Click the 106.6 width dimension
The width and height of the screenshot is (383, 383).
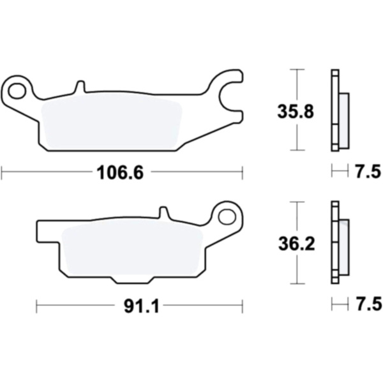point(120,173)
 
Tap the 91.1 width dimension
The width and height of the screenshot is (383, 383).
point(142,306)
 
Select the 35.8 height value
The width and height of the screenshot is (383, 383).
point(296,112)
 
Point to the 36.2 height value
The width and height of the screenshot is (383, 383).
point(297,244)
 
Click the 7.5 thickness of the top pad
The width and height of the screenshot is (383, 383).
point(368,172)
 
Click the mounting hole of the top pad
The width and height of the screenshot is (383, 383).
point(17,91)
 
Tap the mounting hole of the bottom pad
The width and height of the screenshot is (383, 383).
point(227,217)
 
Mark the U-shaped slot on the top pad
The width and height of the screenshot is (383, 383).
point(229,98)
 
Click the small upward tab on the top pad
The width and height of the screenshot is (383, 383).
point(80,86)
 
